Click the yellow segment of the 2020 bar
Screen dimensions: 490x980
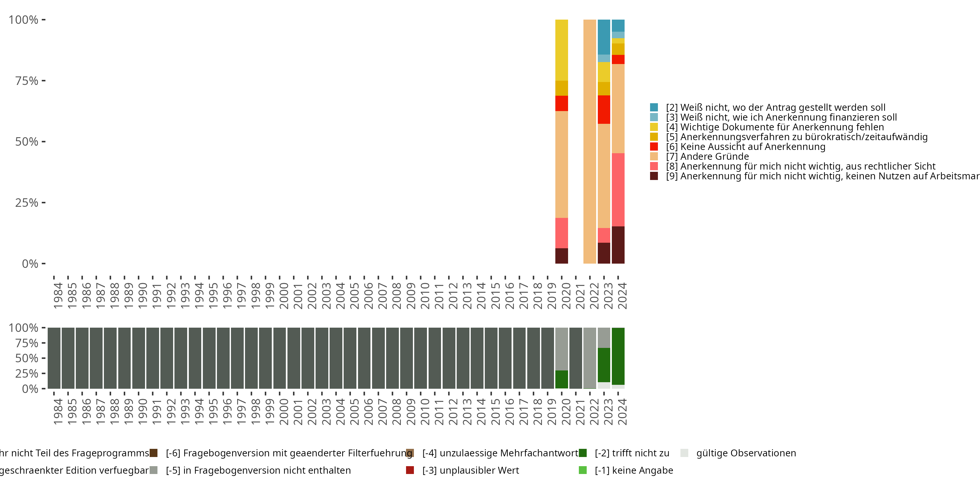click(x=562, y=50)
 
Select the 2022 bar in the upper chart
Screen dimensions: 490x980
click(x=589, y=141)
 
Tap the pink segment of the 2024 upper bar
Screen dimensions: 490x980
click(x=618, y=189)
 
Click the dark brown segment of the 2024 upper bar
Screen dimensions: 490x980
click(x=618, y=245)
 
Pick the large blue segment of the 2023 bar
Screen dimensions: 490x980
click(x=604, y=37)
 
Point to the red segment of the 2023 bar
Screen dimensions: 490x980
click(x=604, y=109)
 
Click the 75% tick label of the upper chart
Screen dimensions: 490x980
click(x=27, y=81)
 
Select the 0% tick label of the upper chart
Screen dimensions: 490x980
click(x=30, y=264)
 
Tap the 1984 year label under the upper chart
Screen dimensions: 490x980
click(x=58, y=296)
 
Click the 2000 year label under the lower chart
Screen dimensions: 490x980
click(x=284, y=412)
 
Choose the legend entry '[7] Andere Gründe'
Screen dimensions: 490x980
click(x=714, y=156)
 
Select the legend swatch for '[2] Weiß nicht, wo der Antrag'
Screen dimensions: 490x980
click(x=654, y=107)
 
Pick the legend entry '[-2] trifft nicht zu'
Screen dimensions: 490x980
click(x=631, y=453)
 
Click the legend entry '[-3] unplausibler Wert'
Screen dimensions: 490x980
click(x=470, y=470)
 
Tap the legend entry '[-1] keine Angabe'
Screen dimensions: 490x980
click(x=633, y=470)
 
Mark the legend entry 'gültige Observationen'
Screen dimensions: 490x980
click(x=746, y=453)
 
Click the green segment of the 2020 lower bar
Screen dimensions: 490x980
click(x=562, y=379)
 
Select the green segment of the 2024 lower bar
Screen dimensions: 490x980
click(x=618, y=356)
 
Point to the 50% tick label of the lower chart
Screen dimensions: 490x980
click(x=27, y=358)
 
